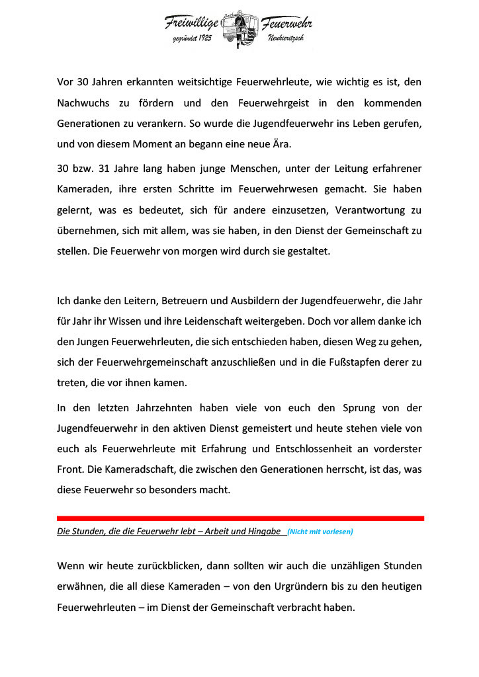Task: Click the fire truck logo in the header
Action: click(239, 28)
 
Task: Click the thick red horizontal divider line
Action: click(240, 518)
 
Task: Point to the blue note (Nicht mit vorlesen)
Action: click(320, 532)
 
